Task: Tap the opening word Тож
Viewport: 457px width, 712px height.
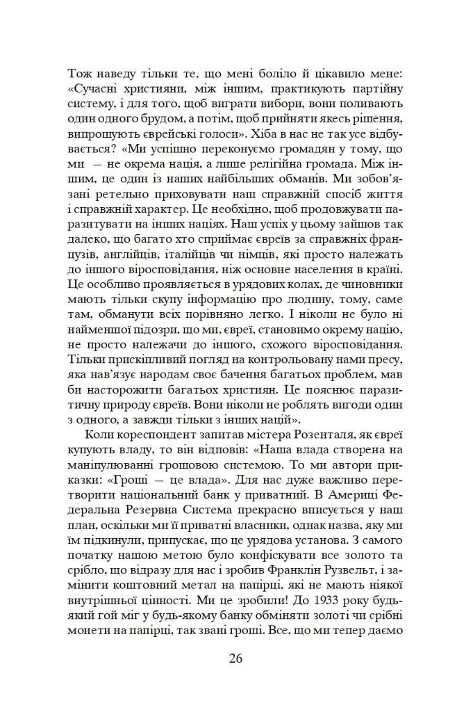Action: coord(78,73)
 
